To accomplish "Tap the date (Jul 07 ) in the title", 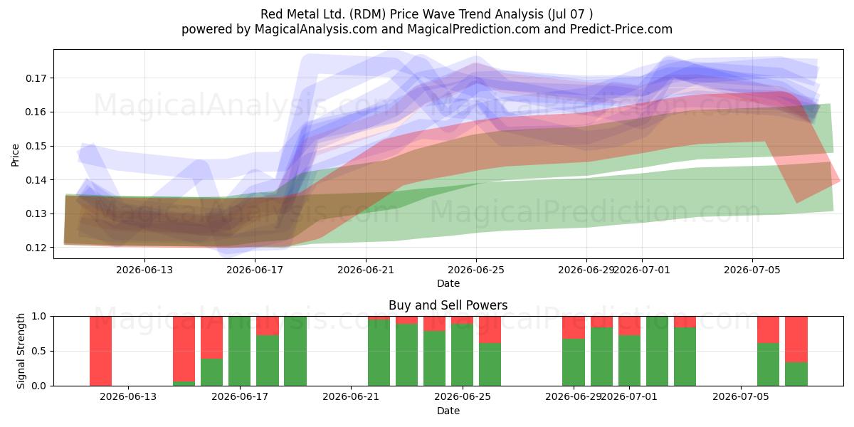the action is click(x=570, y=14).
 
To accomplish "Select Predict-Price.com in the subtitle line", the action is click(x=621, y=29).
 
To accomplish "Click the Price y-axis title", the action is click(x=15, y=155).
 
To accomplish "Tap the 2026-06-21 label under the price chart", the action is click(x=366, y=270).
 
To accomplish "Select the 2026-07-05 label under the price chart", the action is click(x=752, y=270).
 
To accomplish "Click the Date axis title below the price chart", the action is click(x=448, y=283).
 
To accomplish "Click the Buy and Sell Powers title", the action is click(x=448, y=305).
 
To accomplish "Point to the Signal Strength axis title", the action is click(x=21, y=351).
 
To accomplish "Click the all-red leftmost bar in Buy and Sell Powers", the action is click(x=100, y=351).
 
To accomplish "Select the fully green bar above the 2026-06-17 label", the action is click(x=239, y=351).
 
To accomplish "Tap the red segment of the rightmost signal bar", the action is click(x=796, y=339).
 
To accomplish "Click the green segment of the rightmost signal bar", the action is click(x=796, y=374).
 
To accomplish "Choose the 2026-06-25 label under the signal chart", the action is click(x=463, y=396).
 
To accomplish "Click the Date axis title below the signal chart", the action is click(x=448, y=411).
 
